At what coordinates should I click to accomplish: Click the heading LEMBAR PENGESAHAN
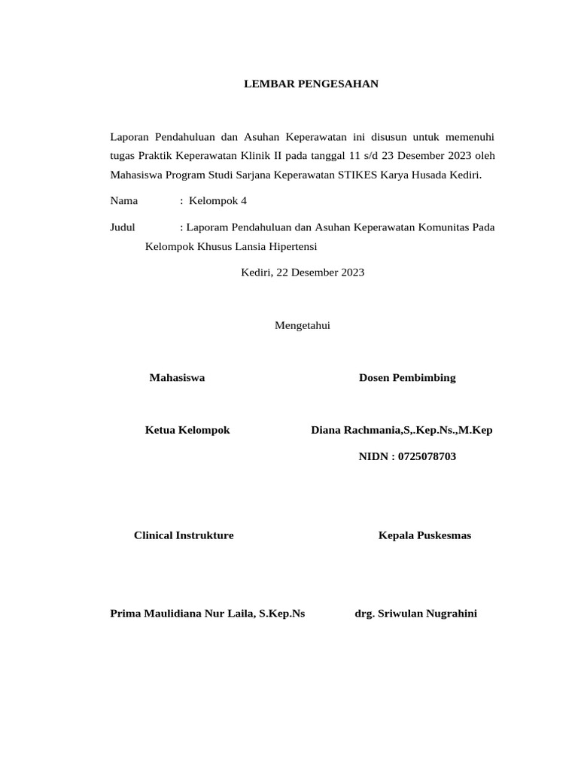pyautogui.click(x=311, y=84)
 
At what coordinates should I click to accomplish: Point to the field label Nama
pyautogui.click(x=124, y=201)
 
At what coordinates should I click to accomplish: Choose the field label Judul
pyautogui.click(x=122, y=227)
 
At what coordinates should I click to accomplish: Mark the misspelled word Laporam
pyautogui.click(x=208, y=227)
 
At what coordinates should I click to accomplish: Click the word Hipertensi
pyautogui.click(x=292, y=246)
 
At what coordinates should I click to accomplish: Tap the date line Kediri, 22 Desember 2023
pyautogui.click(x=303, y=273)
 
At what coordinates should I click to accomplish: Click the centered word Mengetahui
pyautogui.click(x=303, y=325)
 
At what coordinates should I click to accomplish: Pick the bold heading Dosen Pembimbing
pyautogui.click(x=407, y=378)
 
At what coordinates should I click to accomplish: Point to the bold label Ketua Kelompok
pyautogui.click(x=187, y=430)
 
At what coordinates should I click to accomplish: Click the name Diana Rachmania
pyautogui.click(x=357, y=430)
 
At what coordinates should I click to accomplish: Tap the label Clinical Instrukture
pyautogui.click(x=184, y=535)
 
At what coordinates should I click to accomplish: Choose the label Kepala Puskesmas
pyautogui.click(x=424, y=535)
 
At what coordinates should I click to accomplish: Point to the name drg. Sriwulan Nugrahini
pyautogui.click(x=415, y=614)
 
